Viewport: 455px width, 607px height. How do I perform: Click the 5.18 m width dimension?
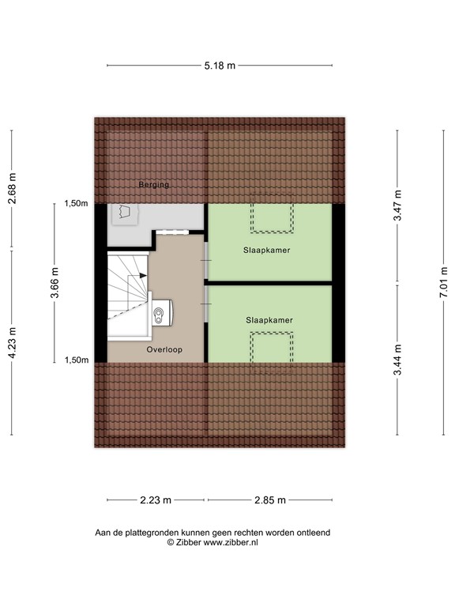point(220,66)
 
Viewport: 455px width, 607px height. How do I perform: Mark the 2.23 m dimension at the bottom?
point(156,500)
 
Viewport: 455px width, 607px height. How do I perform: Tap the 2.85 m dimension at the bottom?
point(269,500)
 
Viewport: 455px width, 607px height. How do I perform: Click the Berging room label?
point(153,185)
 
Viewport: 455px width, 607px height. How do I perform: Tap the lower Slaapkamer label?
point(269,320)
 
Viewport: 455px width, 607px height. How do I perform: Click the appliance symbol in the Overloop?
point(162,315)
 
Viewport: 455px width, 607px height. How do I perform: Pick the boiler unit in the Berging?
point(124,213)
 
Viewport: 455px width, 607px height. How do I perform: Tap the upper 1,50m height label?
point(75,204)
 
